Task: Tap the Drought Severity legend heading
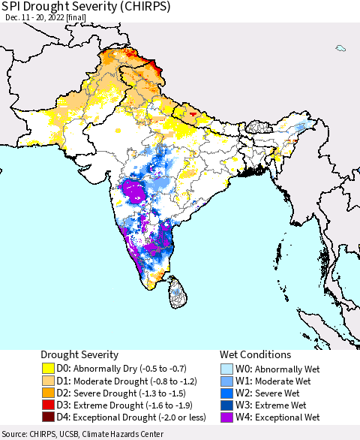tap(79, 354)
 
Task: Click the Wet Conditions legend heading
tap(255, 354)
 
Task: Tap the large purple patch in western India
tap(135, 191)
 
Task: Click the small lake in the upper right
tap(340, 49)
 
